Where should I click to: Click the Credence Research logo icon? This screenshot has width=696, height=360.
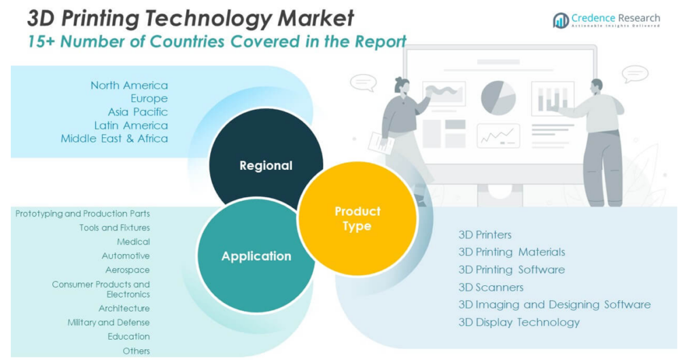click(561, 20)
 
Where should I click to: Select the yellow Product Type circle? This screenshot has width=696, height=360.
click(358, 219)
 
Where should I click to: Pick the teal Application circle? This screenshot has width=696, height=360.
click(256, 256)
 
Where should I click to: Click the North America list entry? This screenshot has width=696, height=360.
click(129, 86)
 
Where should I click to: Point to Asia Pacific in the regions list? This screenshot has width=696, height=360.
click(137, 112)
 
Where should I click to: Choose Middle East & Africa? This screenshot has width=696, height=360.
click(114, 139)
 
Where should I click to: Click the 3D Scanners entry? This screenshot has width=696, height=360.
click(491, 287)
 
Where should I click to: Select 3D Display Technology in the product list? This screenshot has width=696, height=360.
click(519, 323)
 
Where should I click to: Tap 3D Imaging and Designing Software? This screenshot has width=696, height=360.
click(554, 305)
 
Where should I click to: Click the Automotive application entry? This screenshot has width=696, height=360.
click(126, 256)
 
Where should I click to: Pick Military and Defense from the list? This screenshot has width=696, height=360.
click(109, 323)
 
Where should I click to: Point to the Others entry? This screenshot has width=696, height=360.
click(136, 351)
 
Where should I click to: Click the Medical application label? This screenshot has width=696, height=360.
click(133, 242)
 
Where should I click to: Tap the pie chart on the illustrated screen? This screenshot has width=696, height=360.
click(498, 97)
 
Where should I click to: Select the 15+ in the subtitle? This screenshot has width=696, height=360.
click(42, 41)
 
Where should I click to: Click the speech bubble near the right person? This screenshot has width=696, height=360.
click(635, 73)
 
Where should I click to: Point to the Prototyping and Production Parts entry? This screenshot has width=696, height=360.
click(83, 214)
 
